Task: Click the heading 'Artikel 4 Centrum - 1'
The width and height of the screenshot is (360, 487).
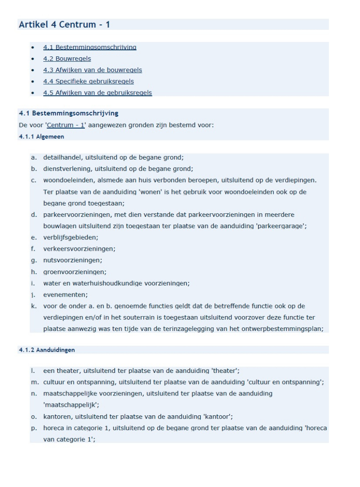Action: [x=64, y=24]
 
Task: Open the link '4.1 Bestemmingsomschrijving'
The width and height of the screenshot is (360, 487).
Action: [x=90, y=47]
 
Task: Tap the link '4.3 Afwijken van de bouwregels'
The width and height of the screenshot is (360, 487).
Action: [x=92, y=70]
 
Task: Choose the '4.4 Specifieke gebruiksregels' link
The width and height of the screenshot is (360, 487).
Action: [x=88, y=81]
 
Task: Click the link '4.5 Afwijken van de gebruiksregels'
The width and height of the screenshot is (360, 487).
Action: [x=97, y=93]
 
